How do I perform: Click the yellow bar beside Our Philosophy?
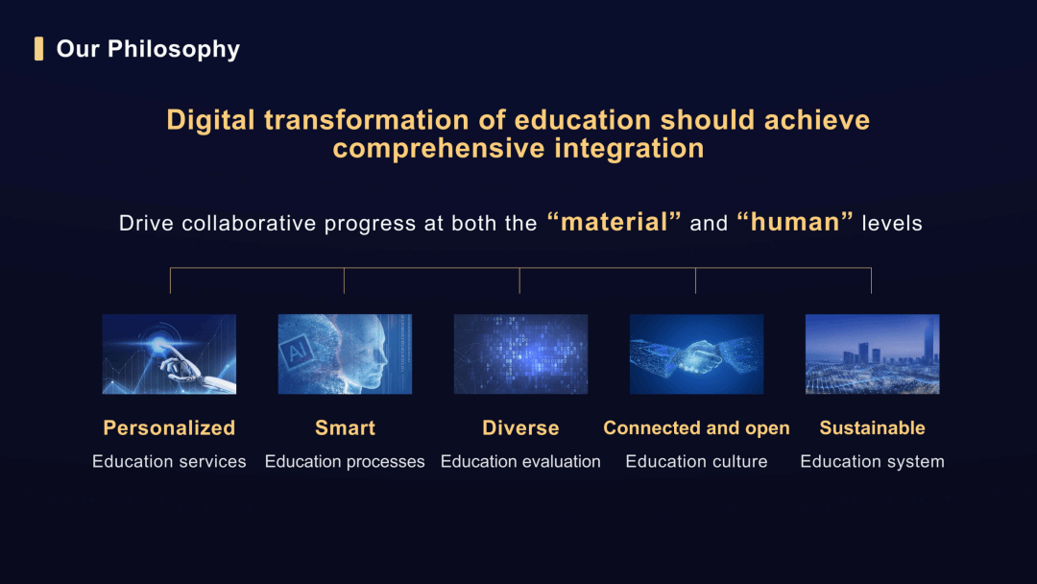coord(39,49)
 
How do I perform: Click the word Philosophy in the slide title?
coord(173,50)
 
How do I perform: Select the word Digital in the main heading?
coord(210,120)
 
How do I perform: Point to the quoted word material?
coord(615,222)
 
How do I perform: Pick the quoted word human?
coord(795,222)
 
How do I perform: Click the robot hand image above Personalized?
coord(169,353)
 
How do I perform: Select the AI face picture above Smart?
coord(345,353)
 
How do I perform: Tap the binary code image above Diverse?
coord(520,353)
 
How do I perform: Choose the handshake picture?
coord(696,353)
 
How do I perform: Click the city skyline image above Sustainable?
coord(872,353)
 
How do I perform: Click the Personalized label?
coord(169,427)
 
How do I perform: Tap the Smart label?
coord(346,427)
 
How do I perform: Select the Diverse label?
coord(520,427)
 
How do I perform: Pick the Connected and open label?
coord(696,427)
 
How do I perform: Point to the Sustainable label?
coord(872,427)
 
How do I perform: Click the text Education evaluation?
coord(520,462)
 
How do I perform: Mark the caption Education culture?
coord(696,462)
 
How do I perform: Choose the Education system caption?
coord(872,462)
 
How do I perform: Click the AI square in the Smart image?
coord(298,351)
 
